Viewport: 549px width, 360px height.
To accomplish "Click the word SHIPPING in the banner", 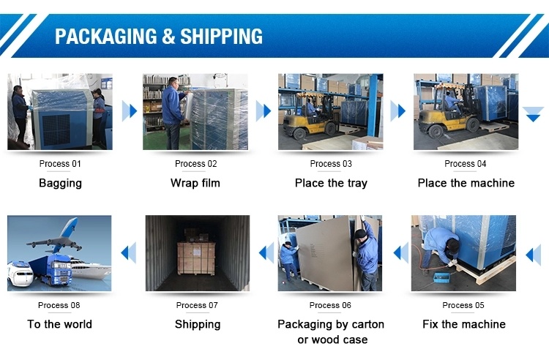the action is point(221,37).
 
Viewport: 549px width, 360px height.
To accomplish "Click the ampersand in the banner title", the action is point(168,37).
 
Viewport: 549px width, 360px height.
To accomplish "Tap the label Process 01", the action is point(60,164).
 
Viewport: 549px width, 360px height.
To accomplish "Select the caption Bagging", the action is point(60,183).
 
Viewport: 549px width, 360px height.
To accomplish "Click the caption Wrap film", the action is point(195,183).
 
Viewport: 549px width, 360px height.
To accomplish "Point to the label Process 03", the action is point(331,164).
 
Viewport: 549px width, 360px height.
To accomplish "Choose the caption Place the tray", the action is point(331,183).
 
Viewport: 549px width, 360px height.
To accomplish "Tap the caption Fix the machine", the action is point(464,324).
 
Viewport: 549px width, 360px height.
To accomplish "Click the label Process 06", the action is point(330,305).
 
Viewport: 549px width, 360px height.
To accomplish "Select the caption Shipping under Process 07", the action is point(198,325).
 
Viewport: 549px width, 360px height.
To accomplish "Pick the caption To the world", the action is point(59,324).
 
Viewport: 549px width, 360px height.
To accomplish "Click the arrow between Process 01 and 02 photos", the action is point(129,111).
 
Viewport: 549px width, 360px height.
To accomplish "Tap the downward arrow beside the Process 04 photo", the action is point(533,115).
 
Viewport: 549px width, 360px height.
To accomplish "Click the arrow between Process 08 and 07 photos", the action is point(128,253).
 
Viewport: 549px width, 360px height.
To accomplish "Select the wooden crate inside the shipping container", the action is point(195,258).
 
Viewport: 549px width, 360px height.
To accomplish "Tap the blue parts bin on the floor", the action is point(441,277).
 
